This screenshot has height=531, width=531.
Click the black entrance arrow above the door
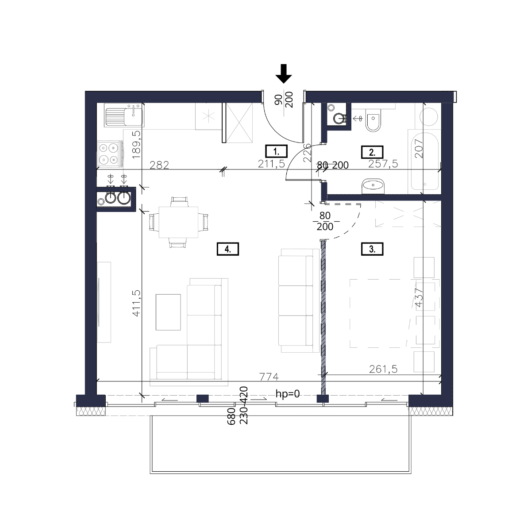(x=284, y=73)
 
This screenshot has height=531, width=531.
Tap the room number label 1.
(x=276, y=151)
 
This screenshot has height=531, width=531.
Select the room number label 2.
(x=372, y=152)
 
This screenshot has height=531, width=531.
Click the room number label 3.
(x=372, y=249)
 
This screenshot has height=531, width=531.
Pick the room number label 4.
(x=227, y=249)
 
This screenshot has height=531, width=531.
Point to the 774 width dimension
(x=269, y=377)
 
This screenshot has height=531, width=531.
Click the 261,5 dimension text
(x=383, y=369)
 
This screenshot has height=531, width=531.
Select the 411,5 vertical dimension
(x=137, y=303)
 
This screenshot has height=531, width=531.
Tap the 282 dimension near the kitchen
(x=159, y=165)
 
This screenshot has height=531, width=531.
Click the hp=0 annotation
(x=288, y=394)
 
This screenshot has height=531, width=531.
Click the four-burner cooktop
(x=110, y=154)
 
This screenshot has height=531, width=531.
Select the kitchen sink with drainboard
(x=124, y=115)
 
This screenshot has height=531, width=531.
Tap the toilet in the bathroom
(x=373, y=120)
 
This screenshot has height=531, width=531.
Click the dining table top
(x=178, y=222)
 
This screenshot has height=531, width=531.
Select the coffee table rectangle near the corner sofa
(x=168, y=312)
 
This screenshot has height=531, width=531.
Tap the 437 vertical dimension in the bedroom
(x=419, y=298)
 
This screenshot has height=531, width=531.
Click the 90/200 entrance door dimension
(x=284, y=100)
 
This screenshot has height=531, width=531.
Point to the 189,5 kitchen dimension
(x=136, y=144)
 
